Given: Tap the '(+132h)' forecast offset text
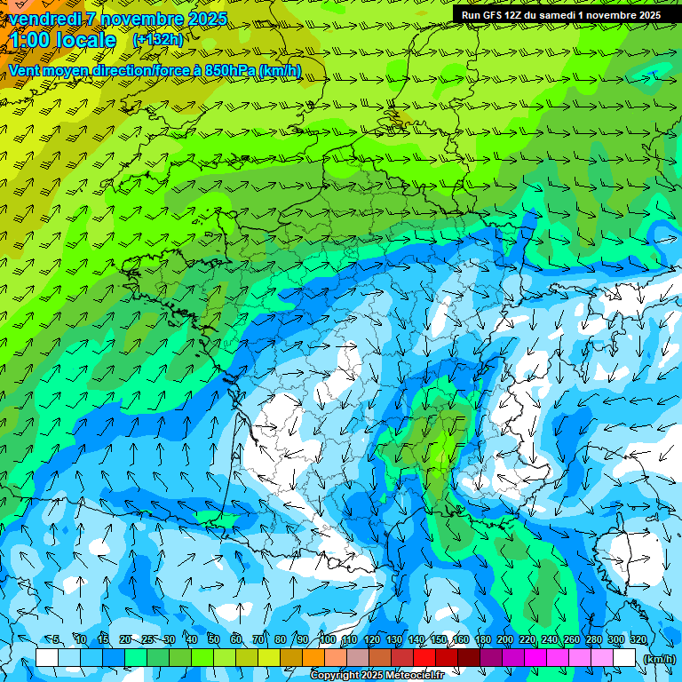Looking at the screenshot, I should (157, 39).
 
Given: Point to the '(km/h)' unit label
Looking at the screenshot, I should (659, 658).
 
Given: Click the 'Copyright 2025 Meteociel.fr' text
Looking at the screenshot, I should (377, 676).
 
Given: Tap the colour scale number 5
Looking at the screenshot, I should (56, 639).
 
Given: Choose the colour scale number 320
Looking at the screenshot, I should (638, 639).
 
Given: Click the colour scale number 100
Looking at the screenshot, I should (328, 639).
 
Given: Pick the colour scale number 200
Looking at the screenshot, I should (505, 639).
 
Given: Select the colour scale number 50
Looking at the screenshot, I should (214, 639).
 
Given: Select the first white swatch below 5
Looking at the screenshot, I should (47, 658).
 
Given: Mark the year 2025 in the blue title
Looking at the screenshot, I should (206, 19).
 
